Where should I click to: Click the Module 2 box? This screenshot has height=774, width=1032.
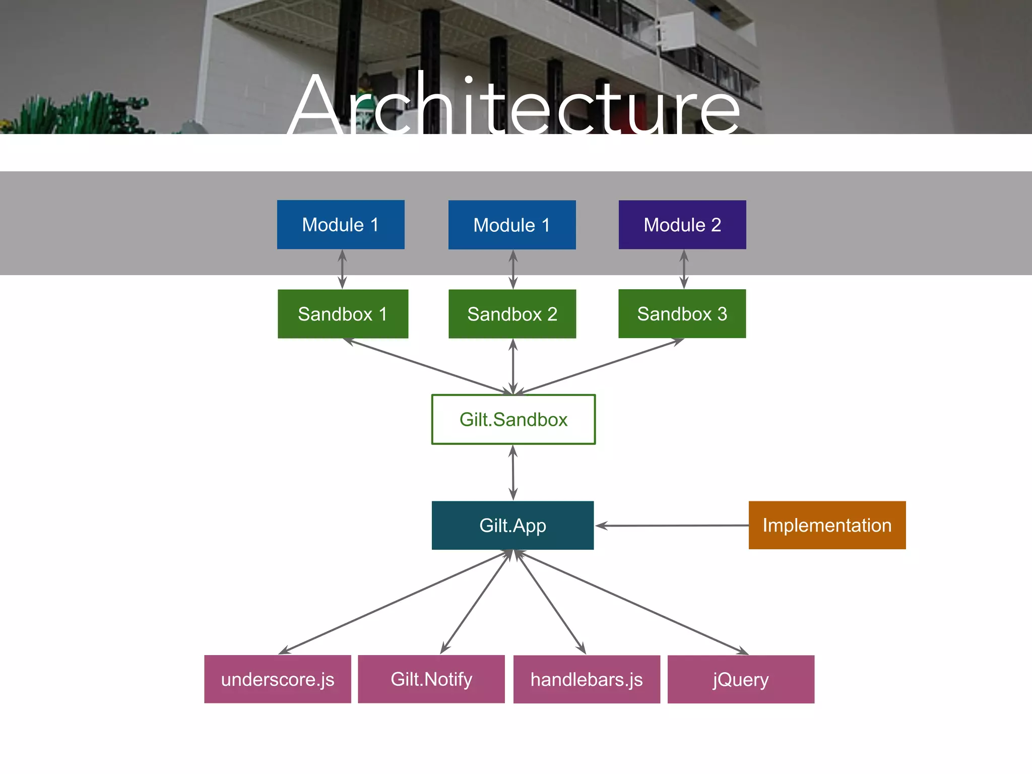coord(682,225)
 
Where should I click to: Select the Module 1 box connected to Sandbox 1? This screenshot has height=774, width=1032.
coord(341,225)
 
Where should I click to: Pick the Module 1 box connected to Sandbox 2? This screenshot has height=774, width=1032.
coord(512,225)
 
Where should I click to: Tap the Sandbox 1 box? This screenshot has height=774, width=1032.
coord(343,314)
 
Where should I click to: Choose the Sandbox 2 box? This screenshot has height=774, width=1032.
coord(512,314)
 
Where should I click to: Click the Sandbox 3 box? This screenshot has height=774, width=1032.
coord(682,314)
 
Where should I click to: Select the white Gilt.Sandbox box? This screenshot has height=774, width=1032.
coord(513,419)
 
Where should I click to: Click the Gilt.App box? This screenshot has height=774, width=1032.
coord(512,525)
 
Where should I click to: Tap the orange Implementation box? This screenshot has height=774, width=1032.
coord(827,525)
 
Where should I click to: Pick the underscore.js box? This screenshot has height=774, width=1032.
coord(278,679)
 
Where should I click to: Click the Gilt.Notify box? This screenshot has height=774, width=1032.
coord(431,679)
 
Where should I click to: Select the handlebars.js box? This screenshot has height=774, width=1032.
coord(587,679)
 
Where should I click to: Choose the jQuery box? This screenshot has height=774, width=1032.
coord(741,679)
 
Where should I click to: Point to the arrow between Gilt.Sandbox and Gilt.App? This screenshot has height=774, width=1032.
coord(513,473)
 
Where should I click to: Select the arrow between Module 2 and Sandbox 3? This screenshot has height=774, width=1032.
coord(684,269)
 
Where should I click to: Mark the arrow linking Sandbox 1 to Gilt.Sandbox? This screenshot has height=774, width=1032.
coord(428,366)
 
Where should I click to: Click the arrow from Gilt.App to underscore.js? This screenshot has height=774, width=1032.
coord(396,602)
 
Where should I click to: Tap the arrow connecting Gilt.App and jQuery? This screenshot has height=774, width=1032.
coord(630,602)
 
